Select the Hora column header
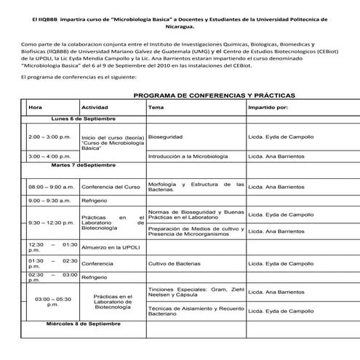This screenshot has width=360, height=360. [x=35, y=107]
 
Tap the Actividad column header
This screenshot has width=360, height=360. [x=95, y=107]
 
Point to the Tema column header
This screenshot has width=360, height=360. [x=156, y=107]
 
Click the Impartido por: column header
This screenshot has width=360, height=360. [x=268, y=107]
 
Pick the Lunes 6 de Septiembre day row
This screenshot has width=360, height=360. [x=84, y=119]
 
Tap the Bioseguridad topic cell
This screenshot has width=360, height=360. [x=164, y=136]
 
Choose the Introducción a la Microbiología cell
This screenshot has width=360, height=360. [x=188, y=156]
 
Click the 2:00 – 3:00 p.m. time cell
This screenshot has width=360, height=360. [x=49, y=137]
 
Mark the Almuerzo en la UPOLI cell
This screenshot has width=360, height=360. [x=111, y=248]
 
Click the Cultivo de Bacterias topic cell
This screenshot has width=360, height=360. [x=174, y=263]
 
